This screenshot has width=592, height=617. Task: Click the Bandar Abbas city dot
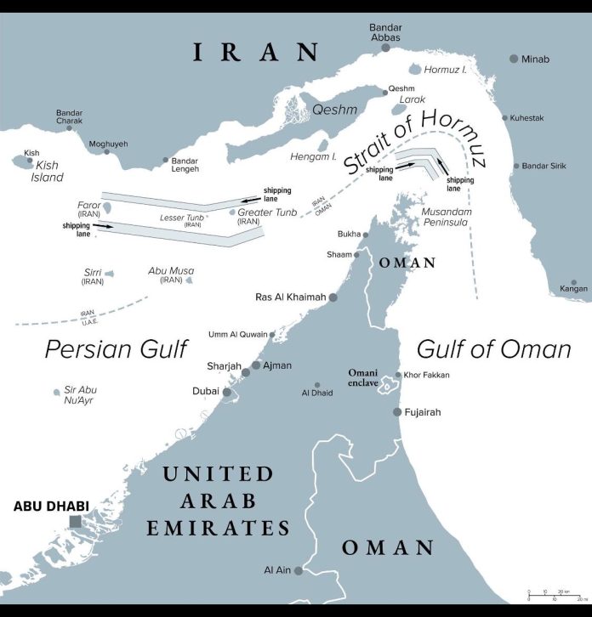pos(386,48)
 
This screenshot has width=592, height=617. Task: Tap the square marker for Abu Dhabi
pos(77,522)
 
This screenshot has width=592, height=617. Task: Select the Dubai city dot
pos(226,392)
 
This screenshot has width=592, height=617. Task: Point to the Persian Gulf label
pos(116,348)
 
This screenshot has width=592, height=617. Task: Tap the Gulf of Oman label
pos(493,348)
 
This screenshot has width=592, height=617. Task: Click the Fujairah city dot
pos(397,412)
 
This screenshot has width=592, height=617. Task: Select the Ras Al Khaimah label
pos(290,297)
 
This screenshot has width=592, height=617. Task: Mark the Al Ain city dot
pos(298,570)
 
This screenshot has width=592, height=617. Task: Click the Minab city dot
pos(514,59)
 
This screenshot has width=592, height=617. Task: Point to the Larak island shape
pos(400,108)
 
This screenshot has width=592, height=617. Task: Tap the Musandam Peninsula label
pos(452,214)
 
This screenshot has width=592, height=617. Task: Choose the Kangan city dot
pos(575,280)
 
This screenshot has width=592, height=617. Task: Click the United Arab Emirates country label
pos(217,501)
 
